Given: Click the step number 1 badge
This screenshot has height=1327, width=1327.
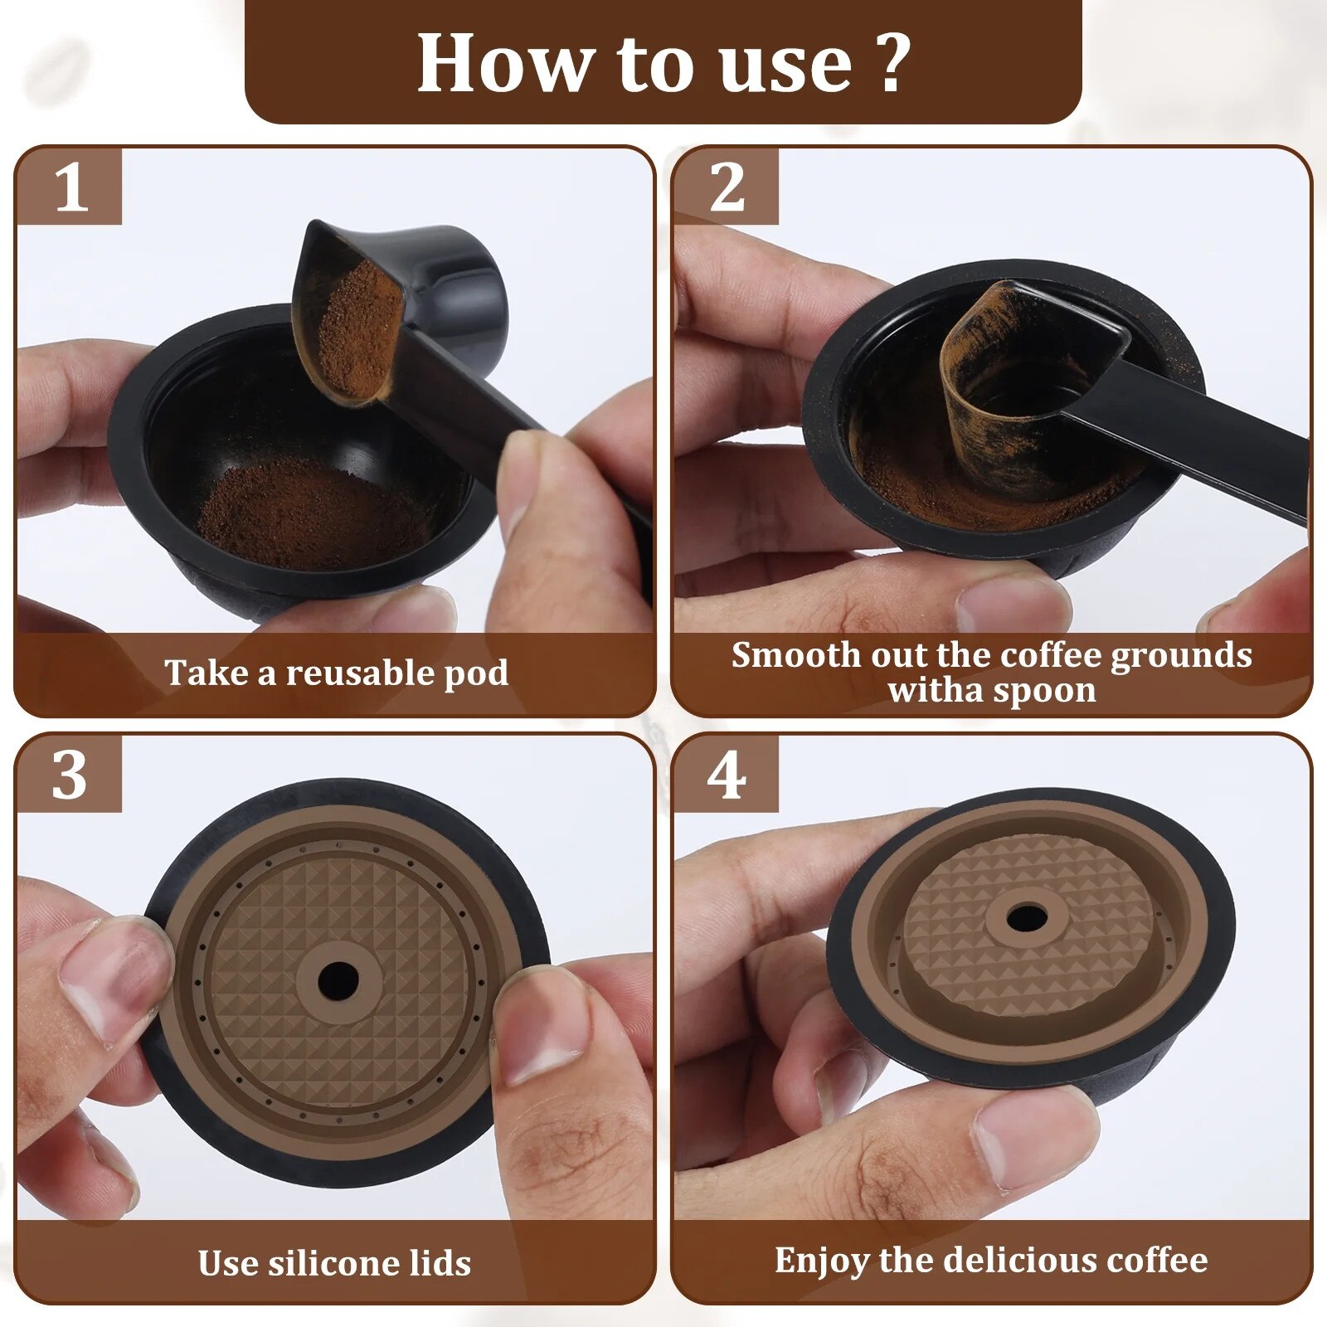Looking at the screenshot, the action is point(70,186).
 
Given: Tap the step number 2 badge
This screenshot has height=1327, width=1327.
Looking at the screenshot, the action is point(727,186).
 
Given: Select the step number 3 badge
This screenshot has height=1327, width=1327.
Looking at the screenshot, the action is point(70,775).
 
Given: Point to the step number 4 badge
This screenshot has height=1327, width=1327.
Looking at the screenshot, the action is point(727,775).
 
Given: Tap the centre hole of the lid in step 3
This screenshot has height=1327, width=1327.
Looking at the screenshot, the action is point(338,980).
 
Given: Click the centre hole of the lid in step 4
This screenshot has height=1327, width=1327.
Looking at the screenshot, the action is point(1026,918).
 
